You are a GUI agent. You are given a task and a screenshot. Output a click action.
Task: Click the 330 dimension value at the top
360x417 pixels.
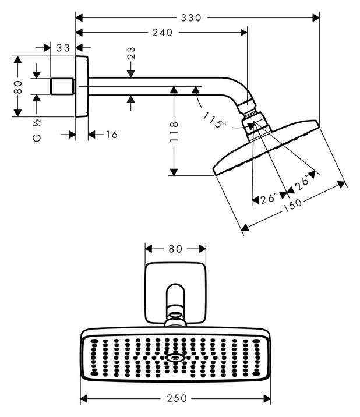(191, 18)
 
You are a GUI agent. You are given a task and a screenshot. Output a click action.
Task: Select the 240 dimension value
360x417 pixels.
(163, 33)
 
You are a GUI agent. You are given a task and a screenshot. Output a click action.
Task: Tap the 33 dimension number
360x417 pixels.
(63, 48)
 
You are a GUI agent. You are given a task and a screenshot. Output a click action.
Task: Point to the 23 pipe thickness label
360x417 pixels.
(131, 52)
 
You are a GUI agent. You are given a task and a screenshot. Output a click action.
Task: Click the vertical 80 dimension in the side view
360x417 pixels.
(18, 87)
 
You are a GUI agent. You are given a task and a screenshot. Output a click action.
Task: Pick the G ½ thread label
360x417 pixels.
(37, 130)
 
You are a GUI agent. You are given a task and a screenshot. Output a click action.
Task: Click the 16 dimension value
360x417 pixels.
(112, 135)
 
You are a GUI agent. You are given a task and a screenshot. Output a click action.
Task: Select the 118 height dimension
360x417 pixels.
(174, 132)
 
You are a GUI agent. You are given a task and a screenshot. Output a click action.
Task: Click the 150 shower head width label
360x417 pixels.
(292, 204)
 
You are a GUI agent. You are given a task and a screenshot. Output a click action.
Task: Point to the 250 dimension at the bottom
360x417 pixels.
(177, 398)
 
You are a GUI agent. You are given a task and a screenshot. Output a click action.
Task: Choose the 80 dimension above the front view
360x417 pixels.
(175, 249)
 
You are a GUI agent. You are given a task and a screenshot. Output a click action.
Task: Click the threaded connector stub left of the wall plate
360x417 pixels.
(62, 86)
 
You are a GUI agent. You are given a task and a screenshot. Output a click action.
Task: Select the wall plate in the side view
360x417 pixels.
(82, 86)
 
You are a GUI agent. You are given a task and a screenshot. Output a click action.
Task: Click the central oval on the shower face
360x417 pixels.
(175, 358)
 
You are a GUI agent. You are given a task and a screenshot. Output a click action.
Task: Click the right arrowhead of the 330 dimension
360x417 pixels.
(316, 18)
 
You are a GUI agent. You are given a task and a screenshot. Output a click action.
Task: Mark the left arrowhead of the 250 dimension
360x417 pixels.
(84, 398)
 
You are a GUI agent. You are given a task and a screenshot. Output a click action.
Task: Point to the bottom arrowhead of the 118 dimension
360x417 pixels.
(174, 172)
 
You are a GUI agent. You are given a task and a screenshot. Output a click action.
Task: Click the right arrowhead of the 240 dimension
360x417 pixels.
(243, 33)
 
